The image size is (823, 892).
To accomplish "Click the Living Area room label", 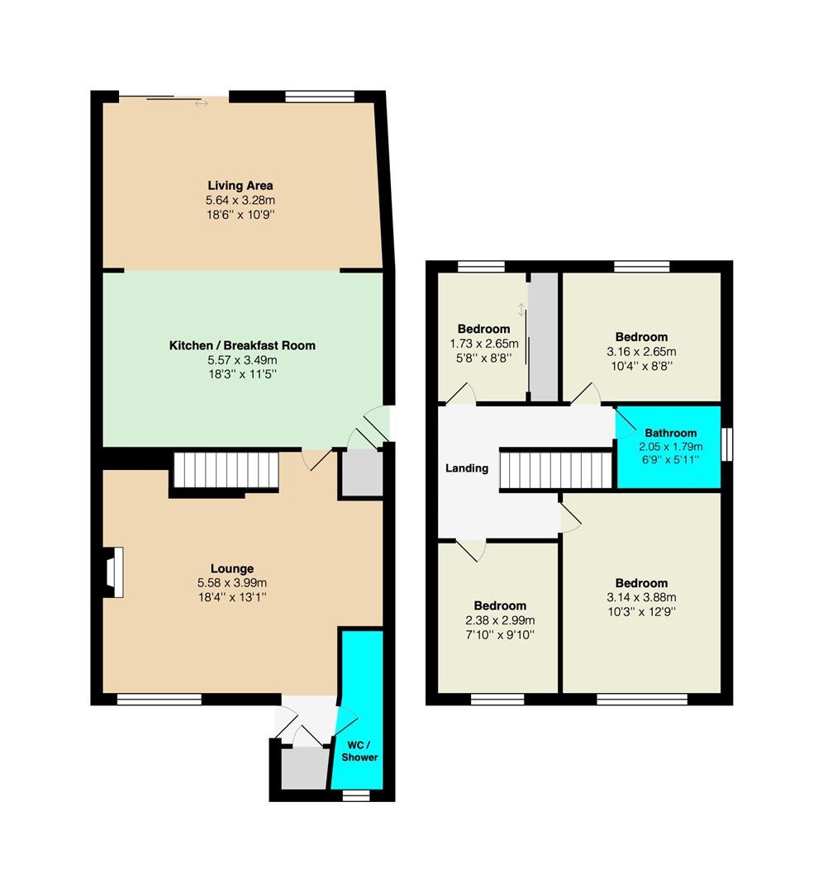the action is point(240,186).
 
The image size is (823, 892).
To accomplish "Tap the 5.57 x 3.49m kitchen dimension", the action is point(242,360).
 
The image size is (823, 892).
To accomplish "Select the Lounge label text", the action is point(232,568).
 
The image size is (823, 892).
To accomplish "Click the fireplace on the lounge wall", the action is point(114,572).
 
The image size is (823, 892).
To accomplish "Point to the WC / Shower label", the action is point(359,751).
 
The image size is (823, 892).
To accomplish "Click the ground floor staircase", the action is point(226,470).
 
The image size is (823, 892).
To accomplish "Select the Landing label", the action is point(467,468).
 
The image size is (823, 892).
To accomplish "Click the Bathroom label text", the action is point(670,433).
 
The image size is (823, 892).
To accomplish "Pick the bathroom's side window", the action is point(727,444).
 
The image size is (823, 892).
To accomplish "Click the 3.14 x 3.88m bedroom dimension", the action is point(641,597).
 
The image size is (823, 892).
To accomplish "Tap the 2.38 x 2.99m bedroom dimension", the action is point(500,620).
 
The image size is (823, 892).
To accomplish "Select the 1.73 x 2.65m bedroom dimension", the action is point(483,344).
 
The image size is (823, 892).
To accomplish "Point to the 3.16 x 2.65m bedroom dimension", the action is point(641,352).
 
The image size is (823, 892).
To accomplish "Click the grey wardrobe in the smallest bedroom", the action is point(544,337).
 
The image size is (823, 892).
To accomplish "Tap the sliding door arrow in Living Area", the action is point(201,104).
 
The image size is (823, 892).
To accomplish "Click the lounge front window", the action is point(159,700).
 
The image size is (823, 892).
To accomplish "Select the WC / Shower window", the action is point(355,795).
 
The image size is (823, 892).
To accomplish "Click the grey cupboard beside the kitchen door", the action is point(361,474).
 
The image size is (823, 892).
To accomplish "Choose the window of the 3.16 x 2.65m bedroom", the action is point(642,266).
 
